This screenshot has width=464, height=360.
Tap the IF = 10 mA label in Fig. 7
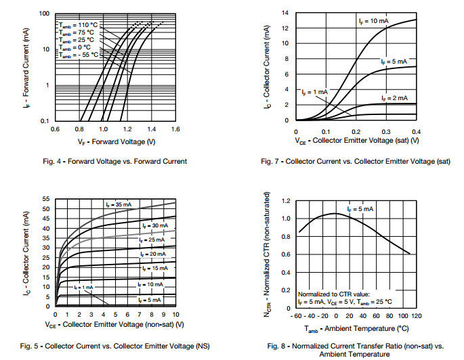pos(373,22)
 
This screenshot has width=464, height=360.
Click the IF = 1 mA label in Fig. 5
pos(84,288)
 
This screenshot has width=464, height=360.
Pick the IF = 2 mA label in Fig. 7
pos(394,98)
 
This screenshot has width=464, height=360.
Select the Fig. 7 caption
pos(356,161)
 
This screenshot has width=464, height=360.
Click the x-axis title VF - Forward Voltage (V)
pos(117,141)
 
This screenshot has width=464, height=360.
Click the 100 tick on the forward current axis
pos(44,14)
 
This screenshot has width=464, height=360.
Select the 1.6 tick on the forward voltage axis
pos(175,128)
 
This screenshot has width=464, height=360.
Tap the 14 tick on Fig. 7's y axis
pos(287,14)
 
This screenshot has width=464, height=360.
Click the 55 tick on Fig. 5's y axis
pos(45,199)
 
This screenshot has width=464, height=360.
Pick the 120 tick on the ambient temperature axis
pos(416,316)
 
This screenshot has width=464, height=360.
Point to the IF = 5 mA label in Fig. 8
pos(360,209)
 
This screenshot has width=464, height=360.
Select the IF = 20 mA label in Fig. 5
pos(150,254)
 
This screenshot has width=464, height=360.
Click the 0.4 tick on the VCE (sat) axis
pos(416,131)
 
